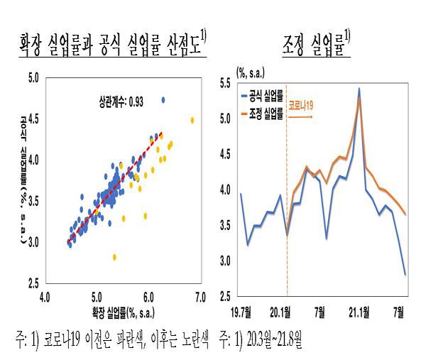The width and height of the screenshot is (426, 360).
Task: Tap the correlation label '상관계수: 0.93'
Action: [121, 102]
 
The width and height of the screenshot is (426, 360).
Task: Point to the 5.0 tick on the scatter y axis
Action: [32, 76]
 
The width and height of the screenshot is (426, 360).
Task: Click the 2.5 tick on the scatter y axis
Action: [32, 284]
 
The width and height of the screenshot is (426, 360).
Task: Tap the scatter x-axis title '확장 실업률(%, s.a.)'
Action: [122, 310]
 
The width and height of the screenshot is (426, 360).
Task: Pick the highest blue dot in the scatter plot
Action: [163, 99]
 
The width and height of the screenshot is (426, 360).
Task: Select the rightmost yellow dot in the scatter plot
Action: [192, 121]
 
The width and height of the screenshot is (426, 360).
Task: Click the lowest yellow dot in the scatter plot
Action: [114, 256]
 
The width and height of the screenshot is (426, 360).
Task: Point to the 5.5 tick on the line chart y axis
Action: [227, 83]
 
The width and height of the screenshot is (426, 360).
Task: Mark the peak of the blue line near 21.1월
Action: [359, 89]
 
